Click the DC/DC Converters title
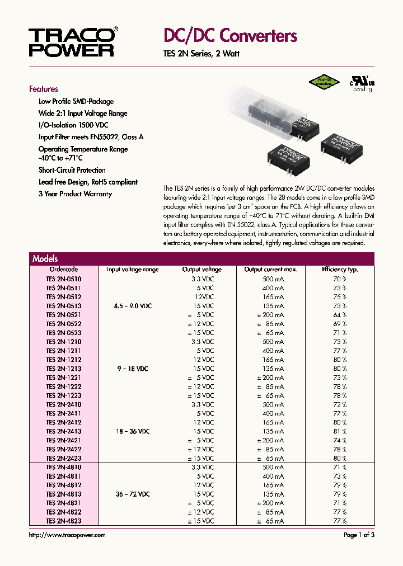coord(230,36)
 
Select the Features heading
coord(44,89)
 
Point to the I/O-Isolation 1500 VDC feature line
coord(73,125)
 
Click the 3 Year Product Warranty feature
coord(75,194)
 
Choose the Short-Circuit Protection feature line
coord(72,170)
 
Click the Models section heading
coord(45,259)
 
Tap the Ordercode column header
coord(64,270)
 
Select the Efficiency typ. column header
coord(339,270)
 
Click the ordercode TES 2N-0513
coord(63,306)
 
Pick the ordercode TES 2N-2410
coord(63,404)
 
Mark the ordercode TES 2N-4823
coord(63,521)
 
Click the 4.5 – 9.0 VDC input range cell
coord(133,306)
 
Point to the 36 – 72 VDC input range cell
coord(133,494)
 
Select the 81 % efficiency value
coord(340,432)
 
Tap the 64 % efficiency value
coord(340,315)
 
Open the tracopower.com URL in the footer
coord(67,535)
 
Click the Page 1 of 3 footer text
coord(359,535)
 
